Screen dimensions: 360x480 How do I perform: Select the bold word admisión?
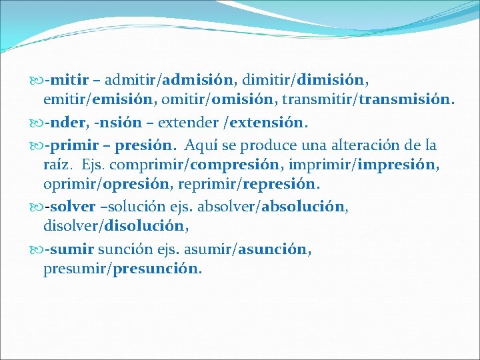pos(198,81)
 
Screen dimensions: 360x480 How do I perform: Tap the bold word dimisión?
pos(331,81)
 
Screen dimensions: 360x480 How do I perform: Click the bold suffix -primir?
pos(66,145)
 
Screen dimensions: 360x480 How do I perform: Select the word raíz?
pos(57,165)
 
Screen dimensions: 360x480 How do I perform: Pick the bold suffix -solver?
pos(69,206)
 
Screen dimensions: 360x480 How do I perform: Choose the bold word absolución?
pos(305,206)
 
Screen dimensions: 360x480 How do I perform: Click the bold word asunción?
pos(273,249)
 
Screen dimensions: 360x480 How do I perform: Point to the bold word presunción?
pos(157,269)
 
